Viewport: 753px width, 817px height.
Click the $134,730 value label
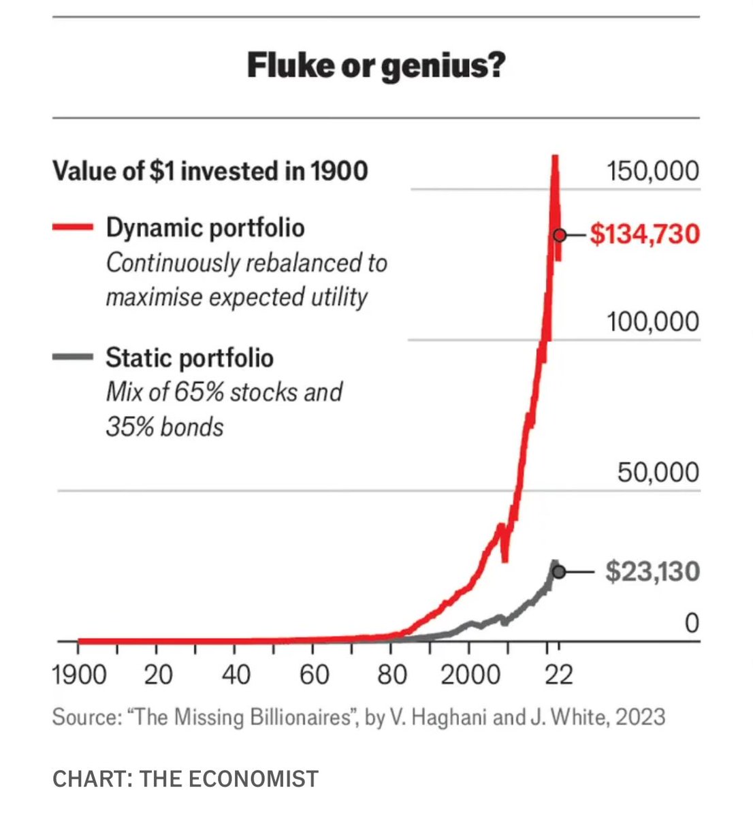click(x=644, y=235)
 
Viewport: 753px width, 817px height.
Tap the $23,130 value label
click(x=652, y=572)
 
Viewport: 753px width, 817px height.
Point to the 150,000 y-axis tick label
click(x=652, y=171)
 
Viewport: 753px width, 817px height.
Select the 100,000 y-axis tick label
click(x=652, y=321)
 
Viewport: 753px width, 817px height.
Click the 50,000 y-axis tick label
click(x=658, y=472)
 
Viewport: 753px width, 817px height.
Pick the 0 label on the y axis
click(x=691, y=622)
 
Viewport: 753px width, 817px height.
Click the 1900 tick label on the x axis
click(x=79, y=675)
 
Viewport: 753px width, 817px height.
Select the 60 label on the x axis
click(x=314, y=675)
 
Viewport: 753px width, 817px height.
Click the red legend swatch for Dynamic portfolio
click(x=72, y=228)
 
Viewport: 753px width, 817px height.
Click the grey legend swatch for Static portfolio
click(x=72, y=357)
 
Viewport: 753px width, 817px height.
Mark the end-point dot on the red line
click(x=560, y=235)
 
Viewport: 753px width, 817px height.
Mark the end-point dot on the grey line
click(x=559, y=572)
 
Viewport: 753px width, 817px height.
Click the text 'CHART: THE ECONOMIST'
click(x=185, y=778)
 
